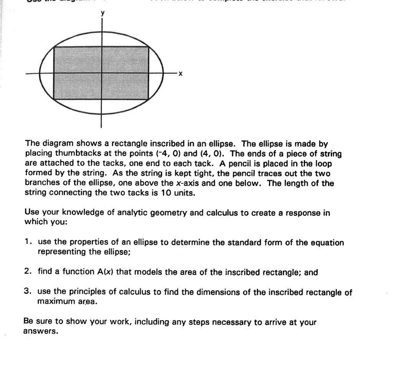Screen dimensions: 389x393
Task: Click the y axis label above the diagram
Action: tap(102, 13)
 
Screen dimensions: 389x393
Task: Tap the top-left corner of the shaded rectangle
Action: tap(54, 47)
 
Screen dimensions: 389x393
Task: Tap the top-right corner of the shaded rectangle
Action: tap(149, 47)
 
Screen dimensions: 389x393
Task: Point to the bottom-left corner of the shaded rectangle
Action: tap(54, 100)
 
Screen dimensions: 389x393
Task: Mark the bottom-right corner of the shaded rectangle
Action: tap(149, 100)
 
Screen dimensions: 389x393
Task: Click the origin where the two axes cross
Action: tap(102, 73)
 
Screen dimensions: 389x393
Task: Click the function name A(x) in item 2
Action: tap(103, 273)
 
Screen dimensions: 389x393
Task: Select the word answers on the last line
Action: tap(40, 332)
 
